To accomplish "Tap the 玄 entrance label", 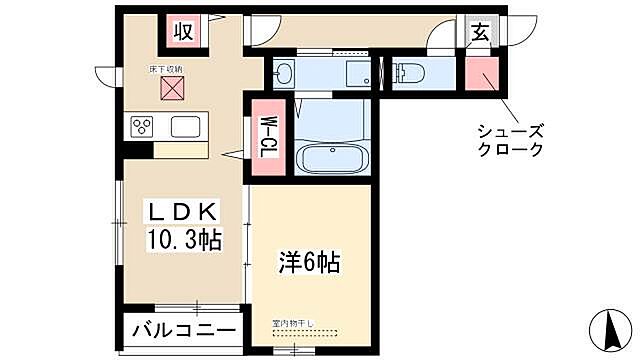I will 479,32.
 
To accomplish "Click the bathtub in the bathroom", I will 327,159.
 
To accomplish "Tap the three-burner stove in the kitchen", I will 142,127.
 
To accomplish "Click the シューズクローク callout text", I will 511,139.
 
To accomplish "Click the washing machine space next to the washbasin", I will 355,72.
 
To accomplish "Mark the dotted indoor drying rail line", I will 305,331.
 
